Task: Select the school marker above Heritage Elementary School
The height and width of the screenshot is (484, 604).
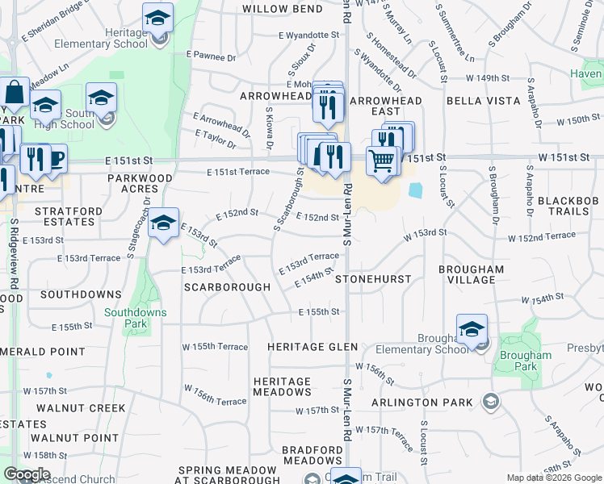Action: click(158, 18)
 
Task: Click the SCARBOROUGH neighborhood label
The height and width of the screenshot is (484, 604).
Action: click(227, 286)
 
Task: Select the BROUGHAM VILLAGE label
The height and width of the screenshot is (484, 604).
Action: click(472, 274)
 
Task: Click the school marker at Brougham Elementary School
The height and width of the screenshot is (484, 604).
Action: click(472, 329)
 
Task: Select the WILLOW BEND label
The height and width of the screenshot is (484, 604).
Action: click(282, 8)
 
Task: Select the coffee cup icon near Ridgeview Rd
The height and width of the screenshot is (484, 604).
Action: click(52, 158)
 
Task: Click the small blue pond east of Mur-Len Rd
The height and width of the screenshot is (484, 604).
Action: click(416, 190)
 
